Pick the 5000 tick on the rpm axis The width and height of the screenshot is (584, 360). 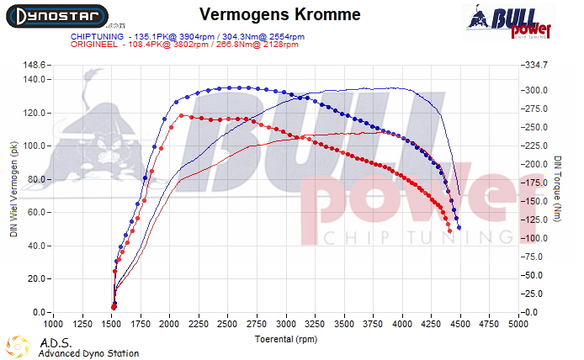point(518,323)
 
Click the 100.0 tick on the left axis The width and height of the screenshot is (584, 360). point(36,146)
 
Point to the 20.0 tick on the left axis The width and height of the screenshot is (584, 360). point(38,279)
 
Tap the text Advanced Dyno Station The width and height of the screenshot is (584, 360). point(88,353)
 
